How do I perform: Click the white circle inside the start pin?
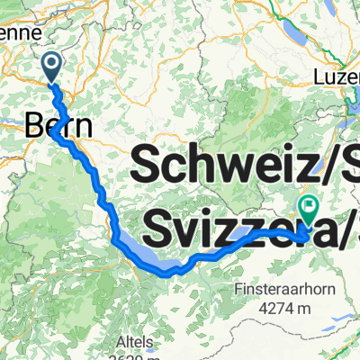tap(52, 62)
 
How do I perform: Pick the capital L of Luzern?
tap(319, 77)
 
